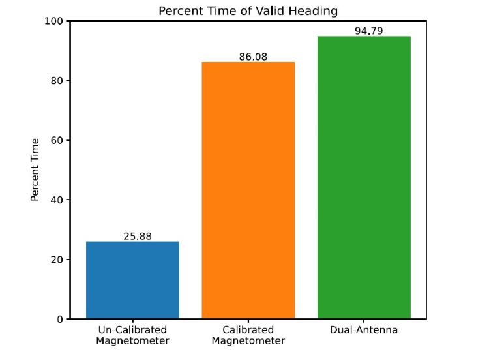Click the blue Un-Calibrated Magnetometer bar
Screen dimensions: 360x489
click(x=132, y=280)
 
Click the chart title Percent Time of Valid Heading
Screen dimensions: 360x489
click(x=248, y=11)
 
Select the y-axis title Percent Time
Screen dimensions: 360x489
click(x=36, y=170)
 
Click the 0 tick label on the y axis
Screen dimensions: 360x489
click(x=59, y=319)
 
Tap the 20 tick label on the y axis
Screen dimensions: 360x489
click(x=56, y=260)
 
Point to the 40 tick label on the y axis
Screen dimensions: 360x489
click(x=56, y=200)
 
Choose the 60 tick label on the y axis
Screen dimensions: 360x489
click(x=56, y=140)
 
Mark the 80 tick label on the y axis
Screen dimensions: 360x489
click(x=56, y=81)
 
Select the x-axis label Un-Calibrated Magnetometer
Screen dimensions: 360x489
click(x=132, y=335)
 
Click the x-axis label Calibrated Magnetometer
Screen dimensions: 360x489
click(x=248, y=335)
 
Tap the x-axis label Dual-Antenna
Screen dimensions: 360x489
click(x=364, y=330)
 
